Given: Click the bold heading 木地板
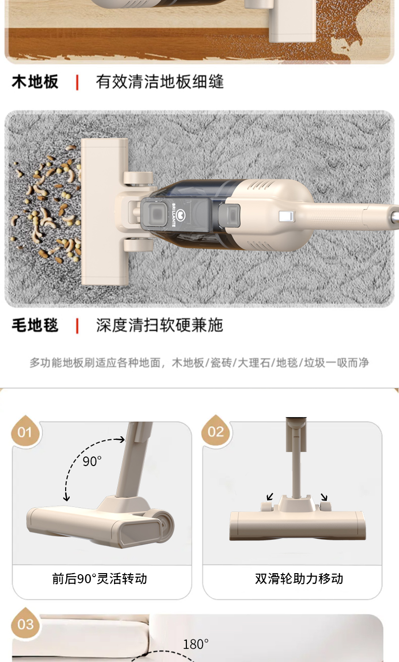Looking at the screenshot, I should (35, 82).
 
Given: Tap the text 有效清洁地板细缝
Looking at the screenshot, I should (160, 82).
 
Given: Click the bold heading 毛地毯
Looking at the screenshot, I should (35, 325).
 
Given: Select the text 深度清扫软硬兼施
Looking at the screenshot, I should (160, 325).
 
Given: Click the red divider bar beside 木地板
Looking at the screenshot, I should (77, 82).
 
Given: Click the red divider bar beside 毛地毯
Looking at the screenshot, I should (77, 325).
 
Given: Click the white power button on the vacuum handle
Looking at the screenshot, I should (286, 217).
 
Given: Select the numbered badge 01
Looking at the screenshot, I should (25, 433).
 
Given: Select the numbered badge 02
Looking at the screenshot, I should (215, 432).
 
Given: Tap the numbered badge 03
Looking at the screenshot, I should (25, 625).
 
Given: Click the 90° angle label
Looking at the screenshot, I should (92, 461).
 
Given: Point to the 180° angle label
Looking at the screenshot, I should (195, 644).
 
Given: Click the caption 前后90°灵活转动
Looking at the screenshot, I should (99, 579).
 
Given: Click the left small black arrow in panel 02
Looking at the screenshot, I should (270, 497).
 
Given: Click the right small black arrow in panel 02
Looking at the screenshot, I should (324, 497).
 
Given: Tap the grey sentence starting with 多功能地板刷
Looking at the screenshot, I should (199, 363).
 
